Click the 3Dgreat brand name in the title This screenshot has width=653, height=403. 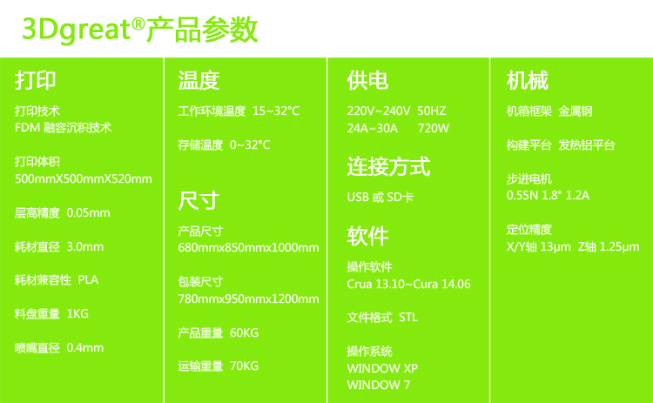click(77, 30)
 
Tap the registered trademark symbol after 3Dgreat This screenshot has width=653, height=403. click(138, 24)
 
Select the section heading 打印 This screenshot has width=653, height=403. click(36, 80)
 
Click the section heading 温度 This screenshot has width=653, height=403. click(199, 80)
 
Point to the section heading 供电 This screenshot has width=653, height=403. click(367, 80)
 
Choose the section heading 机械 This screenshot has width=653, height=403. click(528, 80)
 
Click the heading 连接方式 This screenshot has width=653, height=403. click(388, 166)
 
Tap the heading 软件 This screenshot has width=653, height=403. click(367, 236)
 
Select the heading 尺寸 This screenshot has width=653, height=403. click(199, 200)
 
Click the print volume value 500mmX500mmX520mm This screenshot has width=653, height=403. click(84, 179)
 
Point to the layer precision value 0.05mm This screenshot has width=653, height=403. click(88, 212)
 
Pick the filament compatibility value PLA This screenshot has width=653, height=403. click(88, 279)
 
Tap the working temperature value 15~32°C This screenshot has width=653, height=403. click(276, 111)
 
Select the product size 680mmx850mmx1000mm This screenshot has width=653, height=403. click(249, 248)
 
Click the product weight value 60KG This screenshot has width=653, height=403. click(244, 332)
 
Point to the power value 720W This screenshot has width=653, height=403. click(434, 128)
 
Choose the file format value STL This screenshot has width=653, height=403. click(408, 317)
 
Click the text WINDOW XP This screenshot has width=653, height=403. click(382, 368)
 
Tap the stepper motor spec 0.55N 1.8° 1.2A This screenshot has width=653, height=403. click(548, 195)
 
